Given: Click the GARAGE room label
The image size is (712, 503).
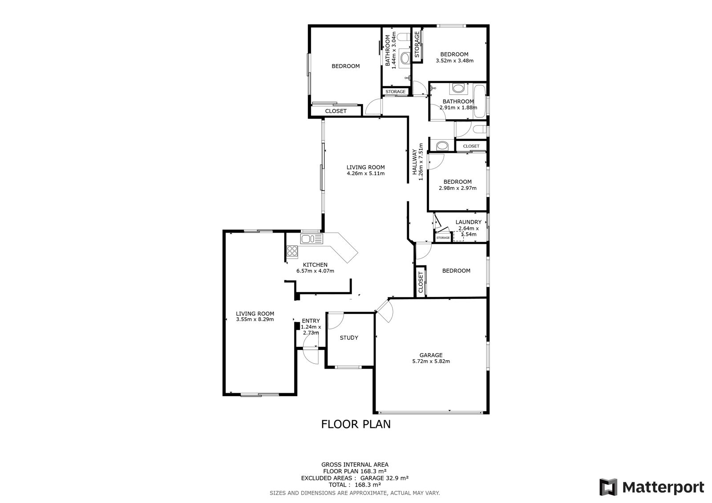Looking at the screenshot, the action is click(x=431, y=355).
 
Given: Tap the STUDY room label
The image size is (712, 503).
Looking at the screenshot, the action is click(x=349, y=338).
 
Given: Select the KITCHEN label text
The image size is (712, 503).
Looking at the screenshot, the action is click(x=315, y=265).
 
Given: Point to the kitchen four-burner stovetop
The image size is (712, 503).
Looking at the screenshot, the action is click(x=70, y=251).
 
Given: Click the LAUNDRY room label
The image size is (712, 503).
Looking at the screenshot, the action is click(x=469, y=222).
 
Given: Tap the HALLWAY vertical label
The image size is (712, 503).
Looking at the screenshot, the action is click(x=414, y=162).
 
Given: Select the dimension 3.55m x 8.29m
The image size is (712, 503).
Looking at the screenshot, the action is click(x=255, y=319).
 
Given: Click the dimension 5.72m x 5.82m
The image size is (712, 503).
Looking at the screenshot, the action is click(x=431, y=361).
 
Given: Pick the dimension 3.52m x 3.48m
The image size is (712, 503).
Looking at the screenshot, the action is click(x=454, y=60).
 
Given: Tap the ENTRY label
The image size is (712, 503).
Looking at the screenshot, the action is click(x=311, y=321).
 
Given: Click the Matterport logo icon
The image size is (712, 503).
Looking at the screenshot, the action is click(x=608, y=487).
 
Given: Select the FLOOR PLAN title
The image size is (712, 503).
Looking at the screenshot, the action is click(x=356, y=424).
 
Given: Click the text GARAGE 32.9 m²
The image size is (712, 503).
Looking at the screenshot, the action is click(x=384, y=478).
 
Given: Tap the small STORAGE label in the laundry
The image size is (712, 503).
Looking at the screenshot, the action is click(x=443, y=237).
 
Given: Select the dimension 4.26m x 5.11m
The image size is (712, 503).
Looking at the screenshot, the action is click(x=365, y=173).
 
